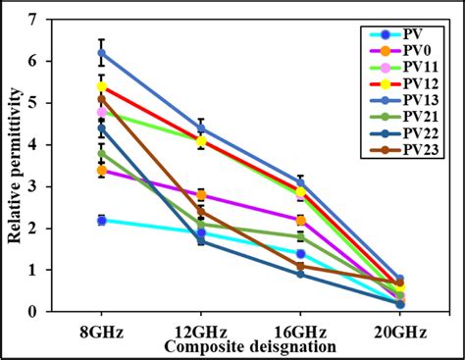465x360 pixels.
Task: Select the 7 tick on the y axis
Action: [34, 20]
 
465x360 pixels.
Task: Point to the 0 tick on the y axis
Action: [34, 312]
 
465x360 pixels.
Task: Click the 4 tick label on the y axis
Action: [34, 145]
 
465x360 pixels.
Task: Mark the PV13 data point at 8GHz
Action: [101, 53]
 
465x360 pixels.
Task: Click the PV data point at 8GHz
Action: [101, 221]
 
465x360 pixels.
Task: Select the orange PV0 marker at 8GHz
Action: [101, 171]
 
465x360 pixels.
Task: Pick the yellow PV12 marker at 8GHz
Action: [101, 86]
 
